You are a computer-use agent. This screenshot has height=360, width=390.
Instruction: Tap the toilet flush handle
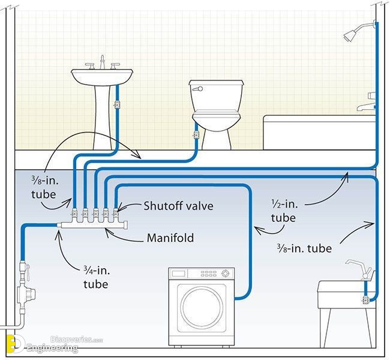[198, 89]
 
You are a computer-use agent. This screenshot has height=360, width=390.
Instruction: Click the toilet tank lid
[216, 83]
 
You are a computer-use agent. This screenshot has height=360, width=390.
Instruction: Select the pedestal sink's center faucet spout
[102, 62]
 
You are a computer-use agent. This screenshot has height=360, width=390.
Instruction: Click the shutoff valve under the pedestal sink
[116, 104]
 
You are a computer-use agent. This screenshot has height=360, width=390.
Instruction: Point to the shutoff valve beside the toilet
[196, 135]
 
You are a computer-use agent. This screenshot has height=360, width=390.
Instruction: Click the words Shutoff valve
[178, 206]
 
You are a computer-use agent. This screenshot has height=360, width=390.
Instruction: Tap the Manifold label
[170, 238]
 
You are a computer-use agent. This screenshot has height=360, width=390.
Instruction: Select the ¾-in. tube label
[97, 277]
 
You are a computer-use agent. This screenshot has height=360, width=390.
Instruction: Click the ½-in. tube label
[284, 211]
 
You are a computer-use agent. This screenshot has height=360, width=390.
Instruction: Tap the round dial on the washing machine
[225, 274]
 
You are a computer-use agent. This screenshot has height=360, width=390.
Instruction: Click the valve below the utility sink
[365, 300]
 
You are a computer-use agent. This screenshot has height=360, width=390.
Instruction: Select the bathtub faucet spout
[365, 107]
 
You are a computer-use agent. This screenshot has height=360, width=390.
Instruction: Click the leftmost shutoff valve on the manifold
[74, 213]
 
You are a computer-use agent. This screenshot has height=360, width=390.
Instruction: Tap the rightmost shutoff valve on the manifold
[116, 213]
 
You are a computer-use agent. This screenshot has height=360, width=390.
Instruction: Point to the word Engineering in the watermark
[52, 348]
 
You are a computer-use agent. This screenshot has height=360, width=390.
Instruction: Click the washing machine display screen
[179, 274]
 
